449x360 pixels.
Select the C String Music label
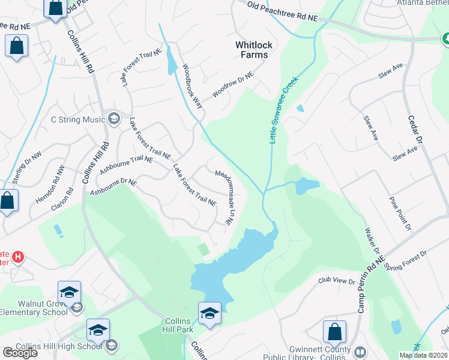tap(78, 119)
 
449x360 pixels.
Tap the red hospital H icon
tap(18, 257)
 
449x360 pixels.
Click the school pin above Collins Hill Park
tap(209, 313)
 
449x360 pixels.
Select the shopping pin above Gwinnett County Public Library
tap(334, 331)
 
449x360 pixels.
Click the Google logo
tap(20, 353)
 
